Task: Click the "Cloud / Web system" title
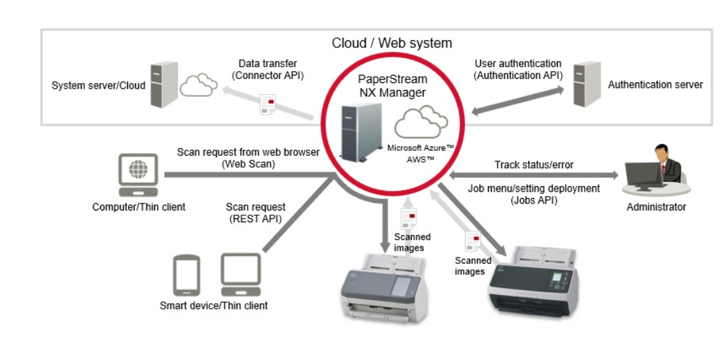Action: click(x=392, y=43)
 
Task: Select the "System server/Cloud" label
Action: click(x=98, y=86)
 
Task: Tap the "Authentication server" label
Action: click(x=655, y=84)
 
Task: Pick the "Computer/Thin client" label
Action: click(x=138, y=207)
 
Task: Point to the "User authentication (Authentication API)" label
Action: click(x=518, y=69)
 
